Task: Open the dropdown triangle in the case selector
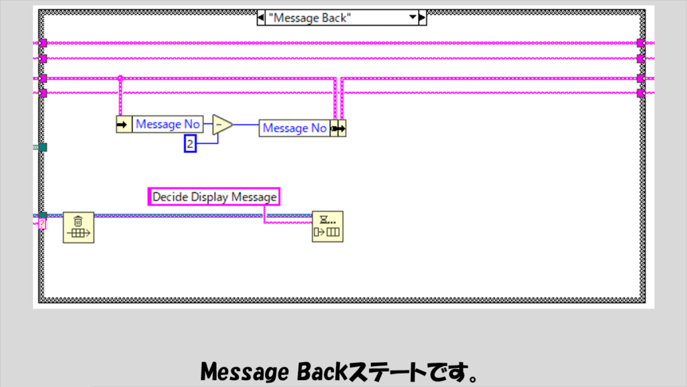(x=413, y=18)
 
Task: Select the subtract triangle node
(x=222, y=125)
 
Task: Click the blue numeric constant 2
(x=190, y=144)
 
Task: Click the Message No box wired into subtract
(x=168, y=124)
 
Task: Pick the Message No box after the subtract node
(x=295, y=128)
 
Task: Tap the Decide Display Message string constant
(x=214, y=197)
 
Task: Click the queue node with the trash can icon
(x=78, y=227)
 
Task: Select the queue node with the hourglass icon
(x=327, y=227)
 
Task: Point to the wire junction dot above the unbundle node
(x=120, y=78)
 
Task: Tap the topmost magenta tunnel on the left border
(x=42, y=44)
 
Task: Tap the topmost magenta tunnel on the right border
(x=641, y=44)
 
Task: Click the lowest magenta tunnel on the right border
(x=641, y=93)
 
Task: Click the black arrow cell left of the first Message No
(x=124, y=124)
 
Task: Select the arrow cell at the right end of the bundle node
(x=342, y=128)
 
